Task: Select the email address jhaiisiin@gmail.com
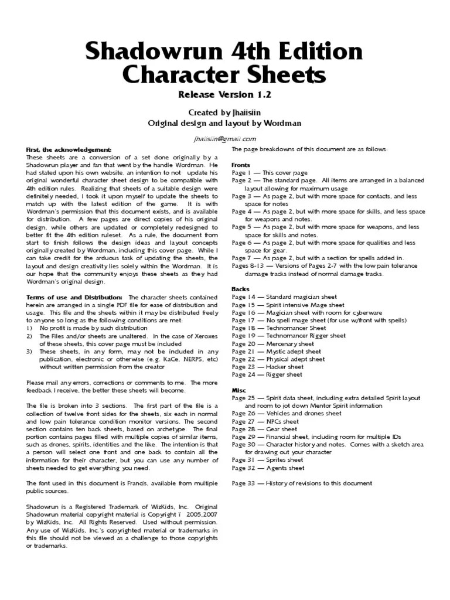(225, 139)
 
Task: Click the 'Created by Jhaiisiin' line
(225, 112)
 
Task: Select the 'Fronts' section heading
(241, 165)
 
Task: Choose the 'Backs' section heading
(240, 289)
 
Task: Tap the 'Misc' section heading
(239, 390)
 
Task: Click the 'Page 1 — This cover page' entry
(270, 173)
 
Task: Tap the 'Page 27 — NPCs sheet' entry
(265, 421)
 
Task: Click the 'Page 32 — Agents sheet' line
(268, 468)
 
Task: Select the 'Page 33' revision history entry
(302, 483)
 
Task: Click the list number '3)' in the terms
(30, 352)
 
